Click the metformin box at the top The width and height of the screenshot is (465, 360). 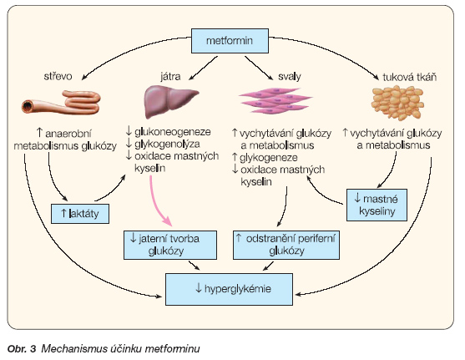tap(230, 41)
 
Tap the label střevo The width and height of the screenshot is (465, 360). tap(58, 76)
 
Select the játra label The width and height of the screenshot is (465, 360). tap(170, 77)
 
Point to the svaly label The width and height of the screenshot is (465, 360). tap(289, 77)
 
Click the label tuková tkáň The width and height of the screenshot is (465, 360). tap(410, 77)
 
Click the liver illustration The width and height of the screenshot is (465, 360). tap(170, 101)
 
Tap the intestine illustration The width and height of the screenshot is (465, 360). tap(62, 103)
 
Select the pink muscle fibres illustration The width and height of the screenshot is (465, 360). tap(275, 100)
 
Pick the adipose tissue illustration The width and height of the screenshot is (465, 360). tap(397, 103)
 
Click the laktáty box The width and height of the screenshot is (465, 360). tap(80, 213)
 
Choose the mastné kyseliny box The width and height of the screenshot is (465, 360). tap(377, 205)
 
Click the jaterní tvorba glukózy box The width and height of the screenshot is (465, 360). tap(170, 245)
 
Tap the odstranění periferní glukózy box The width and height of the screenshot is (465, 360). tap(286, 245)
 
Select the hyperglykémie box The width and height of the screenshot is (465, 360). tap(230, 289)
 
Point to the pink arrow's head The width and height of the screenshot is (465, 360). tap(167, 221)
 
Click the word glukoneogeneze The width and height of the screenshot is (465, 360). tap(173, 132)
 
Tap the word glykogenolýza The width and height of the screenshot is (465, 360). tap(167, 144)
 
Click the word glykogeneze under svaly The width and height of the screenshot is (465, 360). tap(268, 158)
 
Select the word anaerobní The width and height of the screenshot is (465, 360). tap(68, 134)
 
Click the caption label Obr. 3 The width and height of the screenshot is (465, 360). tap(22, 348)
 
